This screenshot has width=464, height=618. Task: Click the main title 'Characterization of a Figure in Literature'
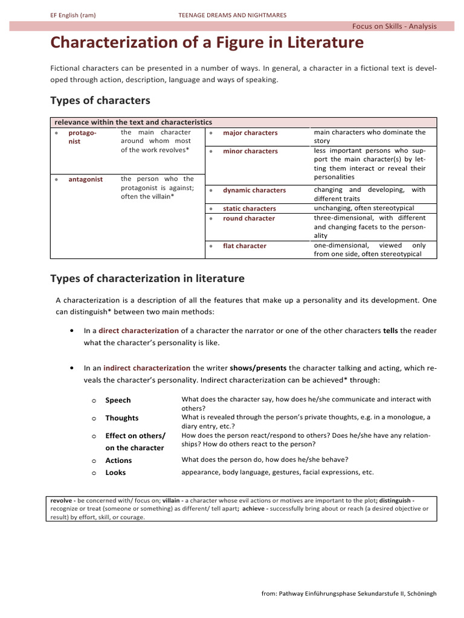pyautogui.click(x=207, y=43)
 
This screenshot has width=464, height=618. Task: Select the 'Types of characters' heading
pyautogui.click(x=100, y=100)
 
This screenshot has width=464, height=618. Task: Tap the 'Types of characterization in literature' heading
pyautogui.click(x=147, y=278)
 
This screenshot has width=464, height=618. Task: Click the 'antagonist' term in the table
pyautogui.click(x=86, y=179)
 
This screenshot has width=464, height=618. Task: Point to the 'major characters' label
pyautogui.click(x=250, y=133)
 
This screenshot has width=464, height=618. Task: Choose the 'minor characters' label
pyautogui.click(x=250, y=151)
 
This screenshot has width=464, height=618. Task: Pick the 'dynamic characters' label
pyautogui.click(x=254, y=190)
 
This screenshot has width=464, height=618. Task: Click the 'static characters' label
pyautogui.click(x=250, y=209)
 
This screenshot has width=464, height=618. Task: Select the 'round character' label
pyautogui.click(x=249, y=218)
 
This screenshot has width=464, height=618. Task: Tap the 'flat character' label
pyautogui.click(x=245, y=246)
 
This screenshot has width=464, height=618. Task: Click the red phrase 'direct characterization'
pyautogui.click(x=138, y=331)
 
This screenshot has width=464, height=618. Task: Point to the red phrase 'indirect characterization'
pyautogui.click(x=147, y=368)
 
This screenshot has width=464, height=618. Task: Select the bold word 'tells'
pyautogui.click(x=390, y=331)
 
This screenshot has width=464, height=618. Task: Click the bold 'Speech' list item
pyautogui.click(x=118, y=400)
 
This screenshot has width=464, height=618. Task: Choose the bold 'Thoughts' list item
pyautogui.click(x=121, y=418)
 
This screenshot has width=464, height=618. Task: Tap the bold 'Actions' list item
pyautogui.click(x=118, y=460)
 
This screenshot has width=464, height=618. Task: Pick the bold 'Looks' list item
pyautogui.click(x=115, y=473)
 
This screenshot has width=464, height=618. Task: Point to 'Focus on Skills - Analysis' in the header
pyautogui.click(x=394, y=26)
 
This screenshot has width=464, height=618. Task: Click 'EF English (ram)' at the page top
pyautogui.click(x=73, y=14)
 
